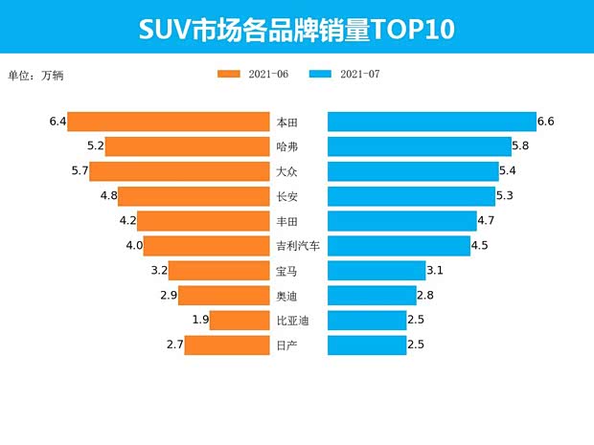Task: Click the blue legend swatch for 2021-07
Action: pyautogui.click(x=323, y=75)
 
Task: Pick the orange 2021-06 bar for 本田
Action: pyautogui.click(x=168, y=122)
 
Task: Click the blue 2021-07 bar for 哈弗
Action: pyautogui.click(x=420, y=146)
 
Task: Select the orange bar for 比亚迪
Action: pyautogui.click(x=239, y=320)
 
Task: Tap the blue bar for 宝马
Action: pyautogui.click(x=377, y=271)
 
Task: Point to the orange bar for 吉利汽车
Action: pyautogui.click(x=206, y=246)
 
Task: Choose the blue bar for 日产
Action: pyautogui.click(x=367, y=345)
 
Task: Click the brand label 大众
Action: pyautogui.click(x=286, y=172)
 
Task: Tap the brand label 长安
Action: pyautogui.click(x=286, y=196)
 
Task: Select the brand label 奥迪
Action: pyautogui.click(x=286, y=296)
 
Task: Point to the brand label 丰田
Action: pyautogui.click(x=286, y=221)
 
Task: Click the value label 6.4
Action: pyautogui.click(x=57, y=122)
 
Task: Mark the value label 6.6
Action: pyautogui.click(x=547, y=122)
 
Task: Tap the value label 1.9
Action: pyautogui.click(x=200, y=320)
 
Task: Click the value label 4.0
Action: pyautogui.click(x=134, y=246)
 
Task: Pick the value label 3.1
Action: pyautogui.click(x=435, y=271)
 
